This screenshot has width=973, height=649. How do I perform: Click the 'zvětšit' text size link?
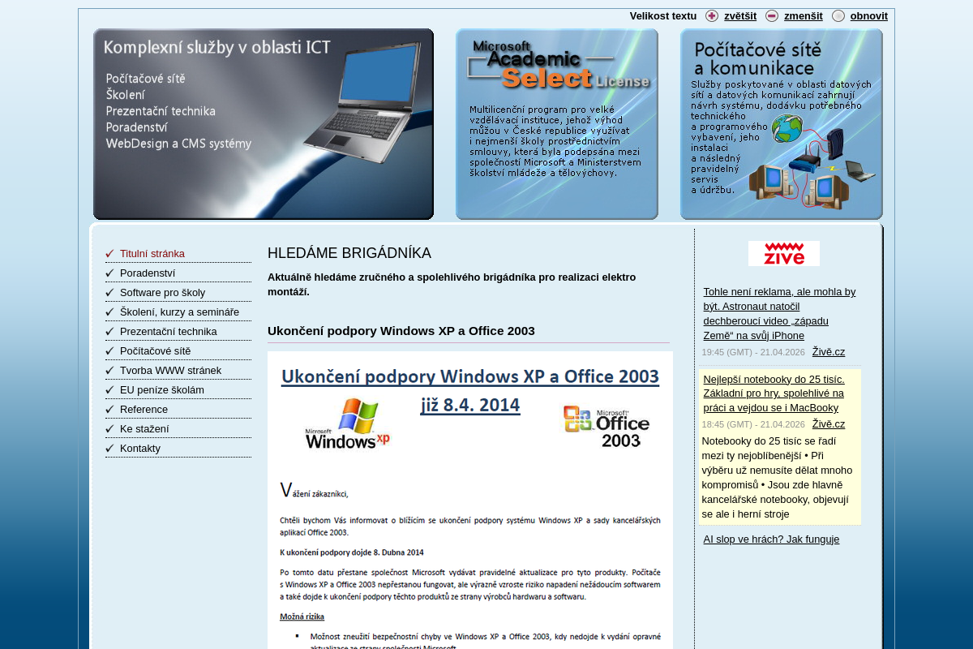(x=739, y=15)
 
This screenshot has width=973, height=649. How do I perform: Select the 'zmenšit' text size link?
(x=803, y=15)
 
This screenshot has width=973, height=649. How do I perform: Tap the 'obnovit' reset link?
(x=868, y=15)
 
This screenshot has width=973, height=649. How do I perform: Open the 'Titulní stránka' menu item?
(x=152, y=253)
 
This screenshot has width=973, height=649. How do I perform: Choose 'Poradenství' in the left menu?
(x=147, y=273)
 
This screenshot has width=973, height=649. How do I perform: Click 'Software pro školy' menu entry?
(x=162, y=292)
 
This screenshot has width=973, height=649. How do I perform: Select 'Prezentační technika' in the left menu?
(x=168, y=331)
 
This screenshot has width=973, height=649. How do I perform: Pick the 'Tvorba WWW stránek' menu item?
(x=170, y=370)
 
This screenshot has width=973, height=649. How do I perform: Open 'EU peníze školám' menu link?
(x=161, y=389)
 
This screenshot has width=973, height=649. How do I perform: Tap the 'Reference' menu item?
(x=144, y=409)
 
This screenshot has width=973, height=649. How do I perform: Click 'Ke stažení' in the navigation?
(x=144, y=428)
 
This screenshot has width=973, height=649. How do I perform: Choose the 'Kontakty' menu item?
(x=139, y=448)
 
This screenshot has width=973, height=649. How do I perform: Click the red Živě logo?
(x=783, y=253)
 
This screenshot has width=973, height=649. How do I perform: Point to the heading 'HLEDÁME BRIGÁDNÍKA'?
(x=349, y=253)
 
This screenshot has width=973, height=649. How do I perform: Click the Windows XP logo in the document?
(x=348, y=423)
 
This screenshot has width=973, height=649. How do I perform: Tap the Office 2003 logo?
(x=607, y=426)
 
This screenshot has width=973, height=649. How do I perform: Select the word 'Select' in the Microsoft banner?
(x=547, y=78)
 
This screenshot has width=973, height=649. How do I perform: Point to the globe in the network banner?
(x=787, y=128)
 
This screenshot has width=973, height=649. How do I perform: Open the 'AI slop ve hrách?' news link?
(x=770, y=539)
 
